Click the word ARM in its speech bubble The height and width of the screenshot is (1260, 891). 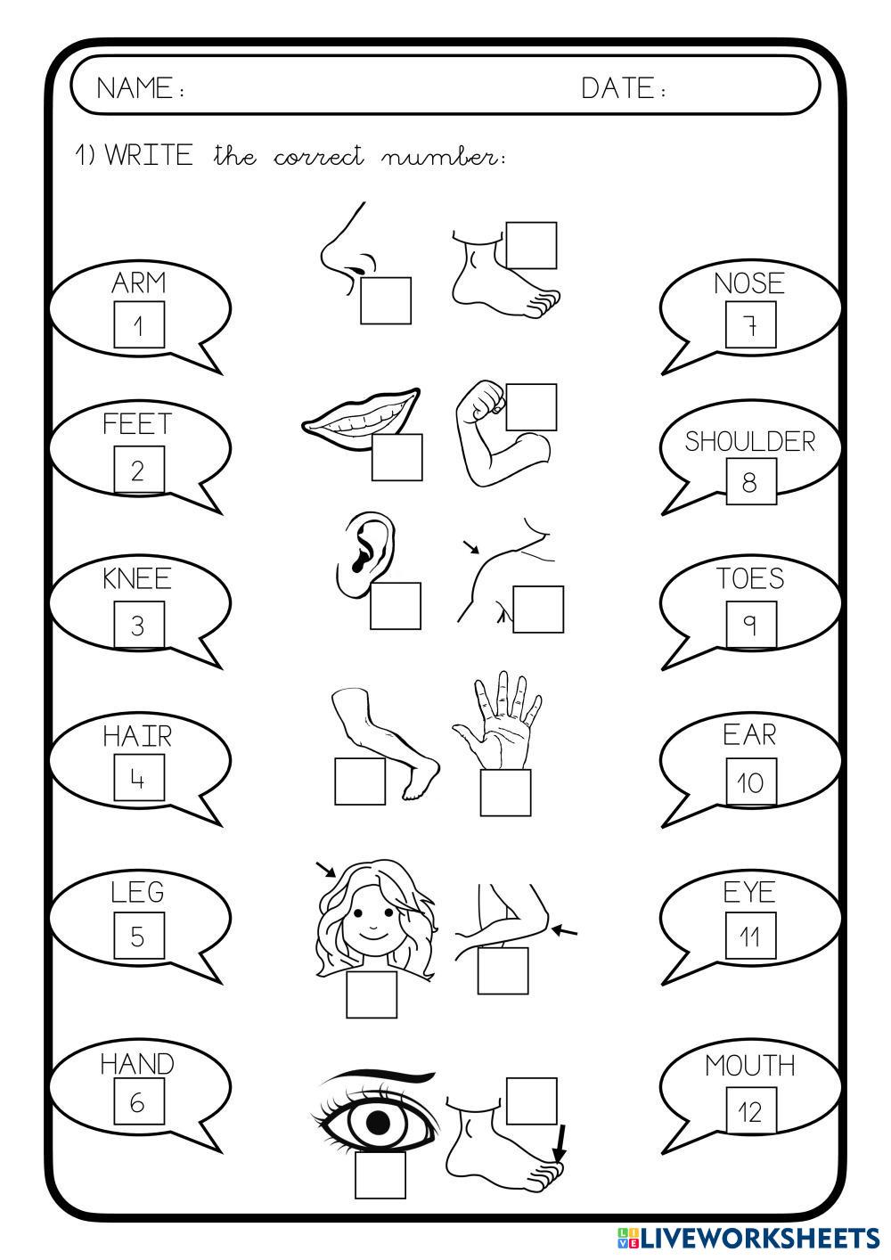139,282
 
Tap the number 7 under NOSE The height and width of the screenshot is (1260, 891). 750,325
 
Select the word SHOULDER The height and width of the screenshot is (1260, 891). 750,442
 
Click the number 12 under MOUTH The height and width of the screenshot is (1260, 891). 750,1112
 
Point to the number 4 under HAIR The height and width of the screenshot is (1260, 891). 138,779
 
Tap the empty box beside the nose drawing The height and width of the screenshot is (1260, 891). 385,300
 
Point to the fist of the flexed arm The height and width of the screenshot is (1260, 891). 483,398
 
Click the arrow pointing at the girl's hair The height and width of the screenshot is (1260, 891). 326,869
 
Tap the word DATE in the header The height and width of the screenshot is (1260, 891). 617,88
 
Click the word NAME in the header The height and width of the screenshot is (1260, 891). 135,88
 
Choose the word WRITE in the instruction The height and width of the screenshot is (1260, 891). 149,155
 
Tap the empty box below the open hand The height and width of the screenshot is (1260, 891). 505,792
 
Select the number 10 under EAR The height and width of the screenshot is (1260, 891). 750,782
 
